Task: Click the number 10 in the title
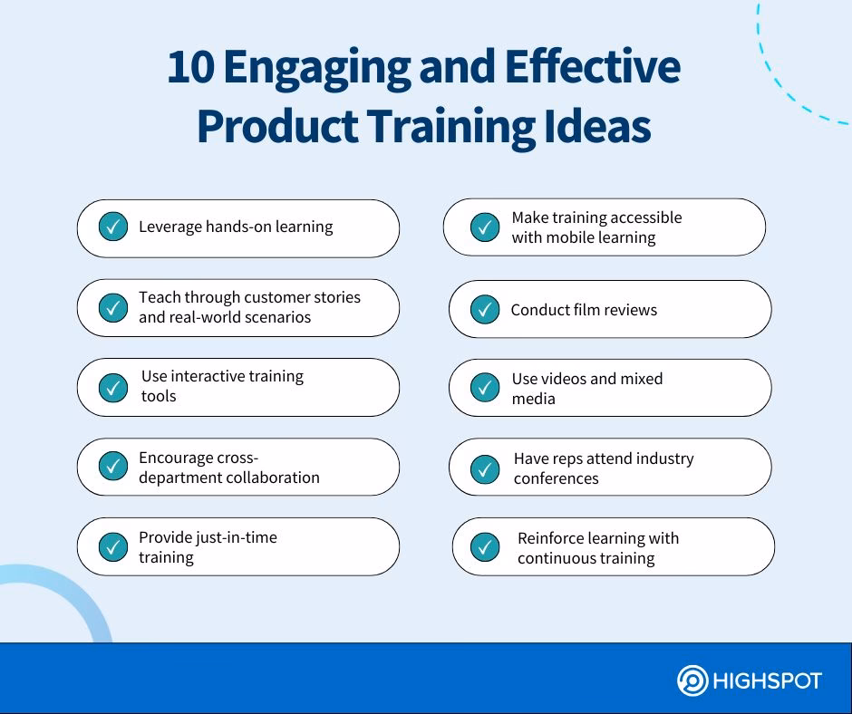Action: coord(189,71)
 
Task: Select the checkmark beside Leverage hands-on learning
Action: coord(112,227)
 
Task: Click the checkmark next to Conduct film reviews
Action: coord(485,310)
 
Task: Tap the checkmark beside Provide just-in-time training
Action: coord(112,547)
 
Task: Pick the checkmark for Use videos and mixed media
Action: coord(485,389)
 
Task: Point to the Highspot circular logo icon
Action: coord(693,680)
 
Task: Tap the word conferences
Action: coord(557,478)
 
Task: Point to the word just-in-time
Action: coord(236,537)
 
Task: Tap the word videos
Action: coord(566,379)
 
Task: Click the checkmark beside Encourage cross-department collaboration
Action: coord(112,467)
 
